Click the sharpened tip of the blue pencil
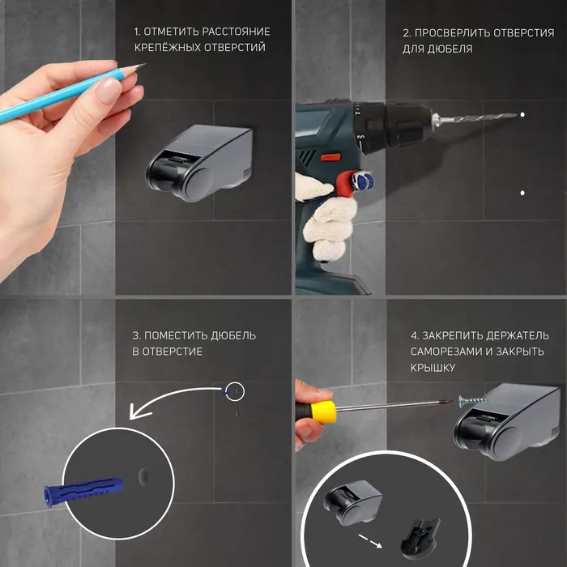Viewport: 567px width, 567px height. (x=146, y=64)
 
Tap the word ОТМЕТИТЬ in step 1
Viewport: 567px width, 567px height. (x=171, y=32)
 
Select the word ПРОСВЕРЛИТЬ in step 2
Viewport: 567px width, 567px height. (x=452, y=33)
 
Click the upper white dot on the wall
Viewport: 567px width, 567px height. (x=522, y=115)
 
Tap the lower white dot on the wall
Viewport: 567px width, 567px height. (x=522, y=193)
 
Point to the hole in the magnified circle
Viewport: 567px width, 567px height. (x=143, y=476)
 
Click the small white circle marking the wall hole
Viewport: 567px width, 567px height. (x=235, y=391)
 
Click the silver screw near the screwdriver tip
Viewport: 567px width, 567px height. (x=473, y=400)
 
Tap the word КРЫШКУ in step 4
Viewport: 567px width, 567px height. (x=428, y=368)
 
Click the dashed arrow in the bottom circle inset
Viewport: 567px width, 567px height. (x=371, y=541)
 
